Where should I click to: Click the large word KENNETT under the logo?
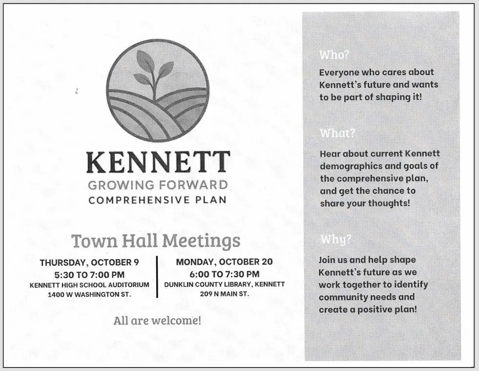(158, 163)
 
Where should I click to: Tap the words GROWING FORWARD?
(158, 185)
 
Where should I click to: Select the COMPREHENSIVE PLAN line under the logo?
(157, 200)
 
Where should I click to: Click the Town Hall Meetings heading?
(156, 241)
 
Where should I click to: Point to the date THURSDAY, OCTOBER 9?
(89, 263)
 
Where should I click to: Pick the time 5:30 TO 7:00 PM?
(89, 274)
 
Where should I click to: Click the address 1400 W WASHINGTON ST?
(89, 295)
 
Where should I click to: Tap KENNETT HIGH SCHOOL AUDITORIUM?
(89, 285)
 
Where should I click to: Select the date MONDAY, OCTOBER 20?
(224, 262)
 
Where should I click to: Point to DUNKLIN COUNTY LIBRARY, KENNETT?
(224, 284)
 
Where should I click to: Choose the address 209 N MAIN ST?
(224, 294)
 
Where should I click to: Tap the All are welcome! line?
(157, 321)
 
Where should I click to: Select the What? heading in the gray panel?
(337, 133)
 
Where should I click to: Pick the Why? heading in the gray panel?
(336, 240)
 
